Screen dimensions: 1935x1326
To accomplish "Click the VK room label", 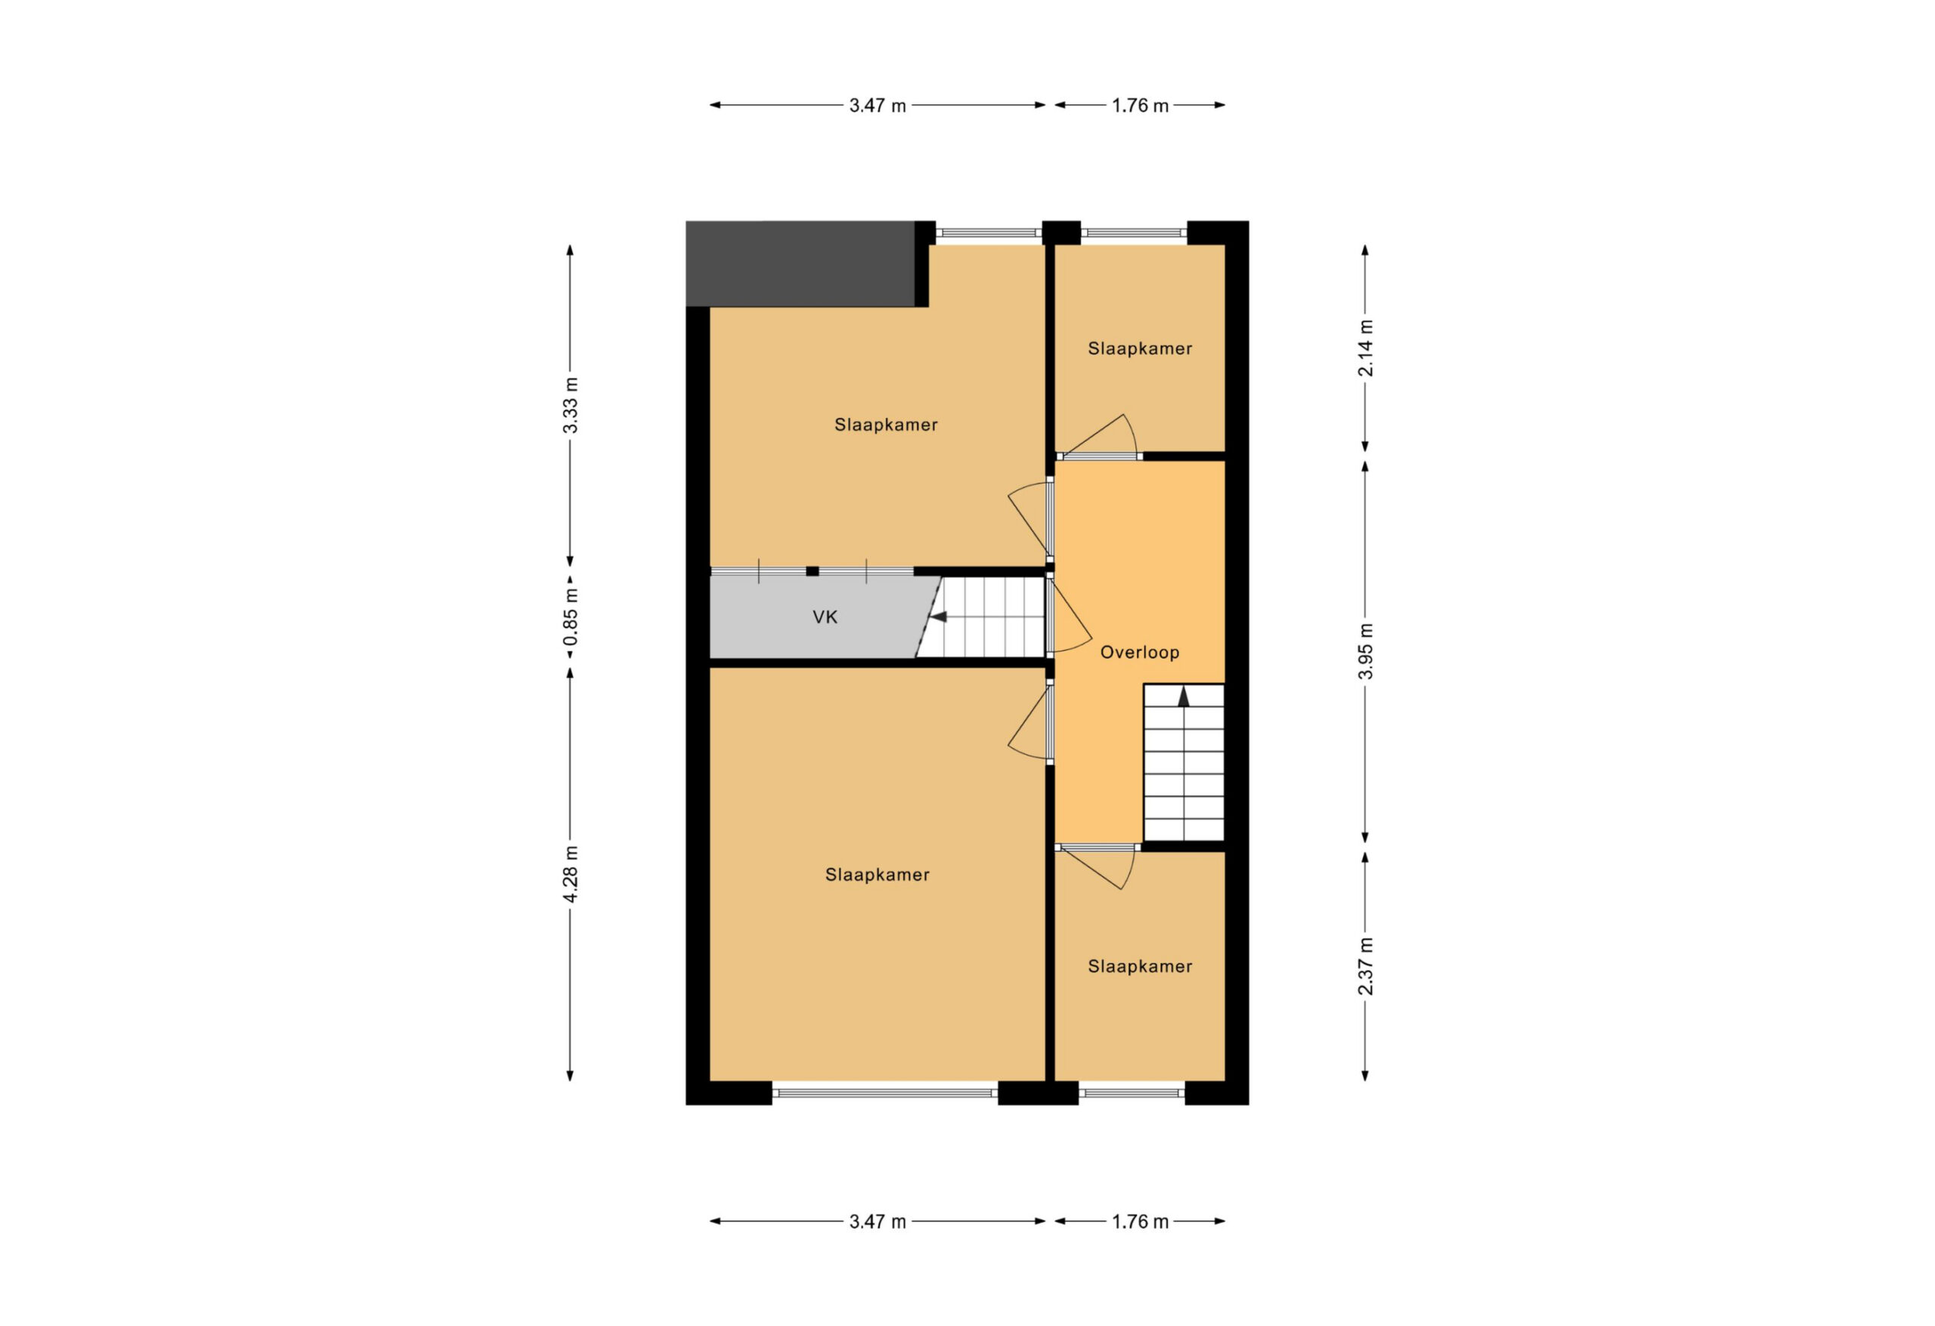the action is point(825,617).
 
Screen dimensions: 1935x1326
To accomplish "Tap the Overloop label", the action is point(1140,653).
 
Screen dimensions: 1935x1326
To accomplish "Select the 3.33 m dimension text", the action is point(571,406).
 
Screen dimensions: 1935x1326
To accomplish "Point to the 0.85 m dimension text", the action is point(571,617).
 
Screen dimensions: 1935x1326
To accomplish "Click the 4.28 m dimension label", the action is point(571,874).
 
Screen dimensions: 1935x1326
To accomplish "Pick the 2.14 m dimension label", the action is point(1366,348).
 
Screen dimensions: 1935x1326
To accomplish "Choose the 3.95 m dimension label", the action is point(1366,651).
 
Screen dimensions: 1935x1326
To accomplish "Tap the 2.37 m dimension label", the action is point(1366,966).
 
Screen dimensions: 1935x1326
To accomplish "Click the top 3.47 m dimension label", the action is point(878,106).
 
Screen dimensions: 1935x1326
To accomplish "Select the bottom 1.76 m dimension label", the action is point(1141,1222).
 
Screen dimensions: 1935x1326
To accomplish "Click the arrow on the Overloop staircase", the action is point(1183,697).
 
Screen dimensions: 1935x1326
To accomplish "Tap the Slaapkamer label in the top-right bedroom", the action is point(1140,349).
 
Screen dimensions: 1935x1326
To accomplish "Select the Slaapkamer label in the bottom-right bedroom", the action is point(1140,966).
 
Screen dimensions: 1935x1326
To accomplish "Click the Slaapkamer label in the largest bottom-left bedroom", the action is point(878,875).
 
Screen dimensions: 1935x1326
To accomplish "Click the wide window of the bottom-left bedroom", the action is point(885,1093).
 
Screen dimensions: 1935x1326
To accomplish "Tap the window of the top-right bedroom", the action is point(1134,233).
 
